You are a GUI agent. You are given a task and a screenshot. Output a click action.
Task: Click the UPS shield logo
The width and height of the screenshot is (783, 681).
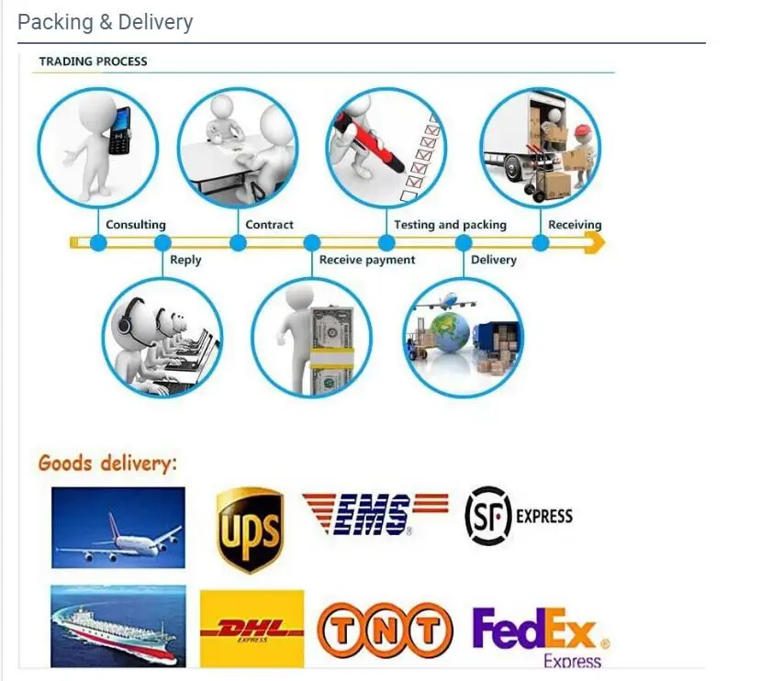coord(249,530)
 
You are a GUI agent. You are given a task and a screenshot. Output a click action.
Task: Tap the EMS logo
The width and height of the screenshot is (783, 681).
coord(375,513)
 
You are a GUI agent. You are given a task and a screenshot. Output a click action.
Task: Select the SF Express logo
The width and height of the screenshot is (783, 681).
coord(518,516)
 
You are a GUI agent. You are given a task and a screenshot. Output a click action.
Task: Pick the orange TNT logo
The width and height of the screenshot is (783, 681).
coord(386,630)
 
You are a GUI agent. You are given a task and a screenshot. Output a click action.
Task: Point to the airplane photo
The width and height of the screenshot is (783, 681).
coord(117,527)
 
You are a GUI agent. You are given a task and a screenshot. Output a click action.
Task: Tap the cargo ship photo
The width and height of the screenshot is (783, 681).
coord(117,626)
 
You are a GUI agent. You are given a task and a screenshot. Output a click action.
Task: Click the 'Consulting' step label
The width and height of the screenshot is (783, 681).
coord(136,225)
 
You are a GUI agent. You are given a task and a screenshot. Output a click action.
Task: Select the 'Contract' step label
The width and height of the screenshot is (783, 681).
coord(270,225)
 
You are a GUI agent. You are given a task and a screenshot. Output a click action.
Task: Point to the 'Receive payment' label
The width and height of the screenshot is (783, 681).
coord(367,261)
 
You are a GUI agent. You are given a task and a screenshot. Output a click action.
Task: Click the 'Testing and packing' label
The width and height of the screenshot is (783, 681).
coord(450,225)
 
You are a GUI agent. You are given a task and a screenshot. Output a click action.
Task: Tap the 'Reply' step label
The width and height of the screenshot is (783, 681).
coord(185,261)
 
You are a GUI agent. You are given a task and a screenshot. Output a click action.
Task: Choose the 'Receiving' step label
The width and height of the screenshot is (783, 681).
coord(575,225)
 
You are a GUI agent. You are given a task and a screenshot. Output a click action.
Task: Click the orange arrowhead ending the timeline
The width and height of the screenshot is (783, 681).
coord(595,243)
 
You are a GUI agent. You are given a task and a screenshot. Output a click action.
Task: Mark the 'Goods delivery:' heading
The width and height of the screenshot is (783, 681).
coord(107,463)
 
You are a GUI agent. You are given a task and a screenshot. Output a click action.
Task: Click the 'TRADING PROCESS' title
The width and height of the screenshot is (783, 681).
coord(93,61)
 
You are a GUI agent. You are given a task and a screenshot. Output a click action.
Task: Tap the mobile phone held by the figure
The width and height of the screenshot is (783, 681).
coord(119,130)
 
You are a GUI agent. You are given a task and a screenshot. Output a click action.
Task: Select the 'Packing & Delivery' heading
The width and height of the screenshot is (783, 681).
coord(106,22)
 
